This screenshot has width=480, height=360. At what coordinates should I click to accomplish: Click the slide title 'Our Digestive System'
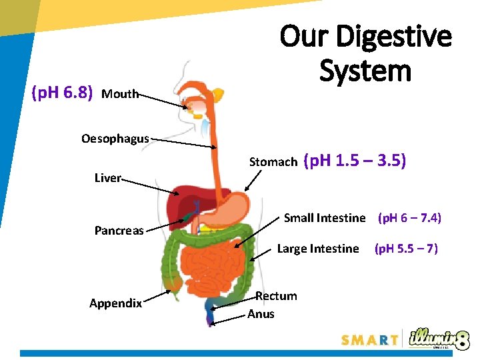point(365,53)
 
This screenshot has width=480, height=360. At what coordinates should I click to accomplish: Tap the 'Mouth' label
point(120,94)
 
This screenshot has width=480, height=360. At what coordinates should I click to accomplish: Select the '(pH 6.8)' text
point(62,93)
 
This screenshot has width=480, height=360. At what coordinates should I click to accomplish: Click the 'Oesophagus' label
point(115,139)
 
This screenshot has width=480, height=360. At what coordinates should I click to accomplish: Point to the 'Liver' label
point(107,178)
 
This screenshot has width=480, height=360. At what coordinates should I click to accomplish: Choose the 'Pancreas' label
point(119,231)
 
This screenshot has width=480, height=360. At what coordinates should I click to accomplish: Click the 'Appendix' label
point(115,303)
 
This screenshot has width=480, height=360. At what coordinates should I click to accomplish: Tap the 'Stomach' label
point(273,162)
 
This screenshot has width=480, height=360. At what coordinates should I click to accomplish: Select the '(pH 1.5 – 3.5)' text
point(355,161)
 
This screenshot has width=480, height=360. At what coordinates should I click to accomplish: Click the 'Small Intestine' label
point(325,218)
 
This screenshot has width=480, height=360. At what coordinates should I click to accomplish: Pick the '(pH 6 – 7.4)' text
point(409,218)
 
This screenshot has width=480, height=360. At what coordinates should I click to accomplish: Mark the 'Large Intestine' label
point(317,249)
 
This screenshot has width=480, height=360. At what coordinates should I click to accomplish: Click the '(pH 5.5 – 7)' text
point(406,249)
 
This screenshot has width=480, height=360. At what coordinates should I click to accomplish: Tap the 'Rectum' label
point(277,296)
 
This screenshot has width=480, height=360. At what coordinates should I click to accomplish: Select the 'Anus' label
point(261,314)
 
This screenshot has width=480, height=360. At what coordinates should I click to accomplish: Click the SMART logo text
point(369,340)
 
